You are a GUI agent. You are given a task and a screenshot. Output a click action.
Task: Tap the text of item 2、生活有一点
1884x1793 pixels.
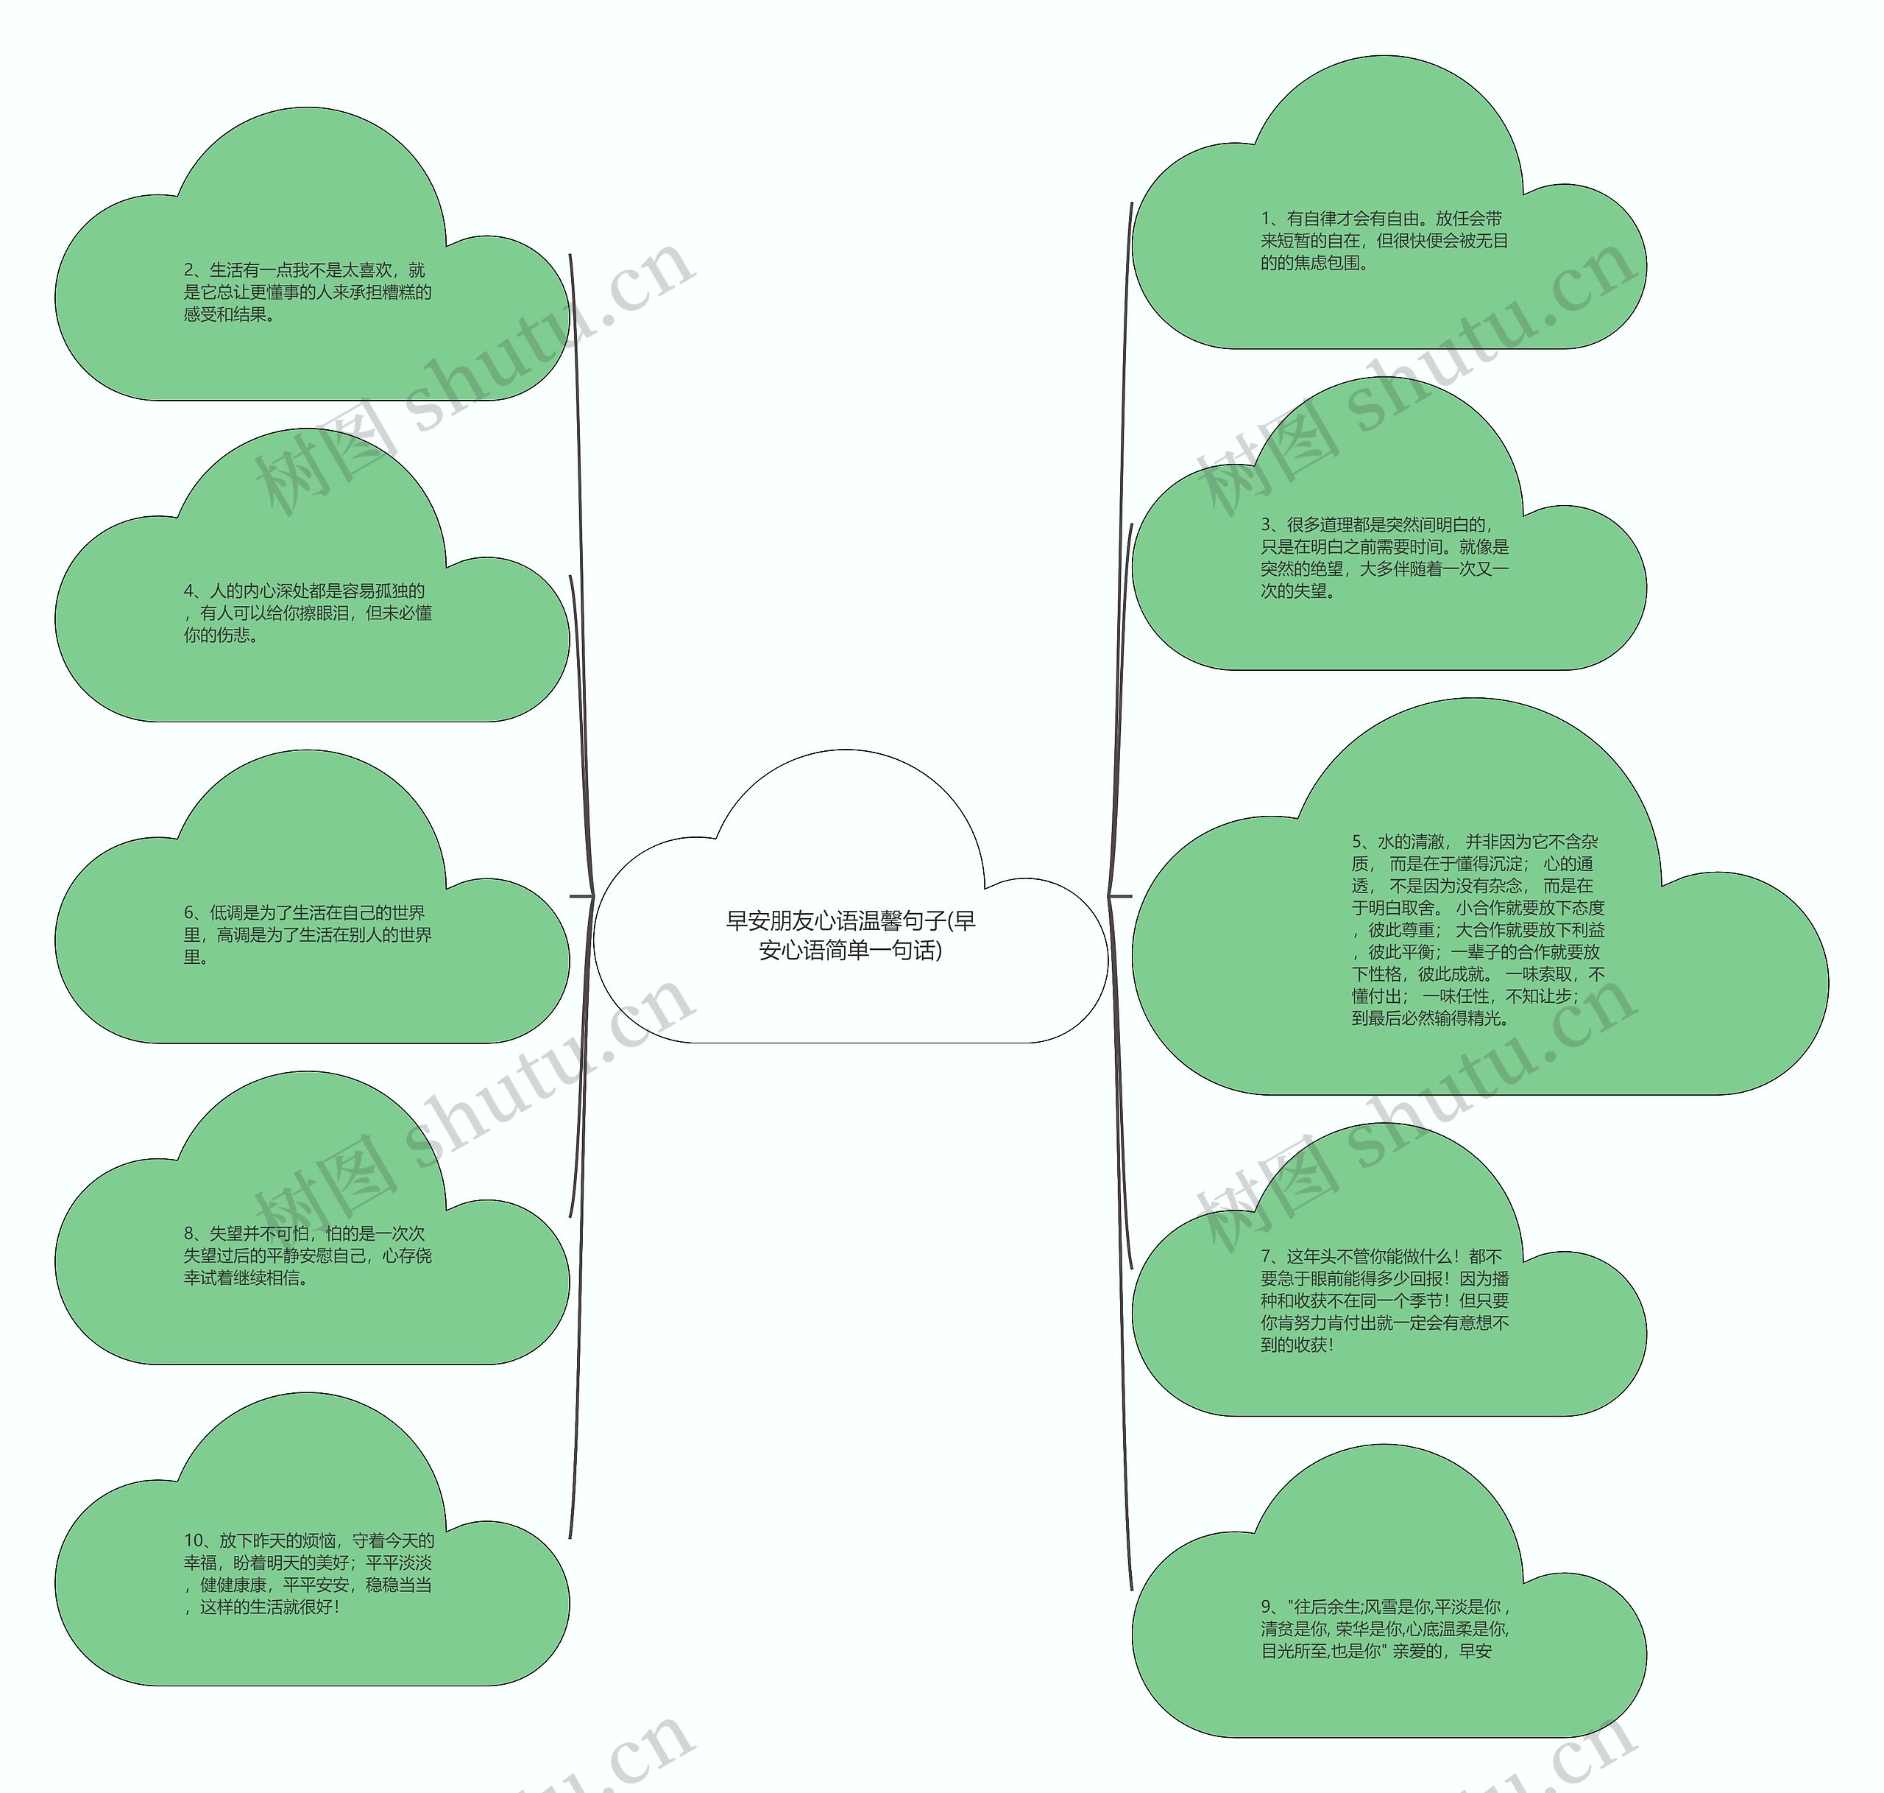[308, 292]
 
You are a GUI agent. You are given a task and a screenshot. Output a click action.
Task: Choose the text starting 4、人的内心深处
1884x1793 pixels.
[308, 613]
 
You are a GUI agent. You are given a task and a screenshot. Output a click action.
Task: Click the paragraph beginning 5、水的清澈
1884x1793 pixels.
[1477, 929]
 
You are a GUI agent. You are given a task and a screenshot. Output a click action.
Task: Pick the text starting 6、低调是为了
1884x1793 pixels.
[308, 934]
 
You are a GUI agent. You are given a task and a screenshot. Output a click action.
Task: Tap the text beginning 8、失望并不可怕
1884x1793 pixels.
[308, 1255]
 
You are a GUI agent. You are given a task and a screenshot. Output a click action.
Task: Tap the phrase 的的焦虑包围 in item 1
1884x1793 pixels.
[1313, 264]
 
